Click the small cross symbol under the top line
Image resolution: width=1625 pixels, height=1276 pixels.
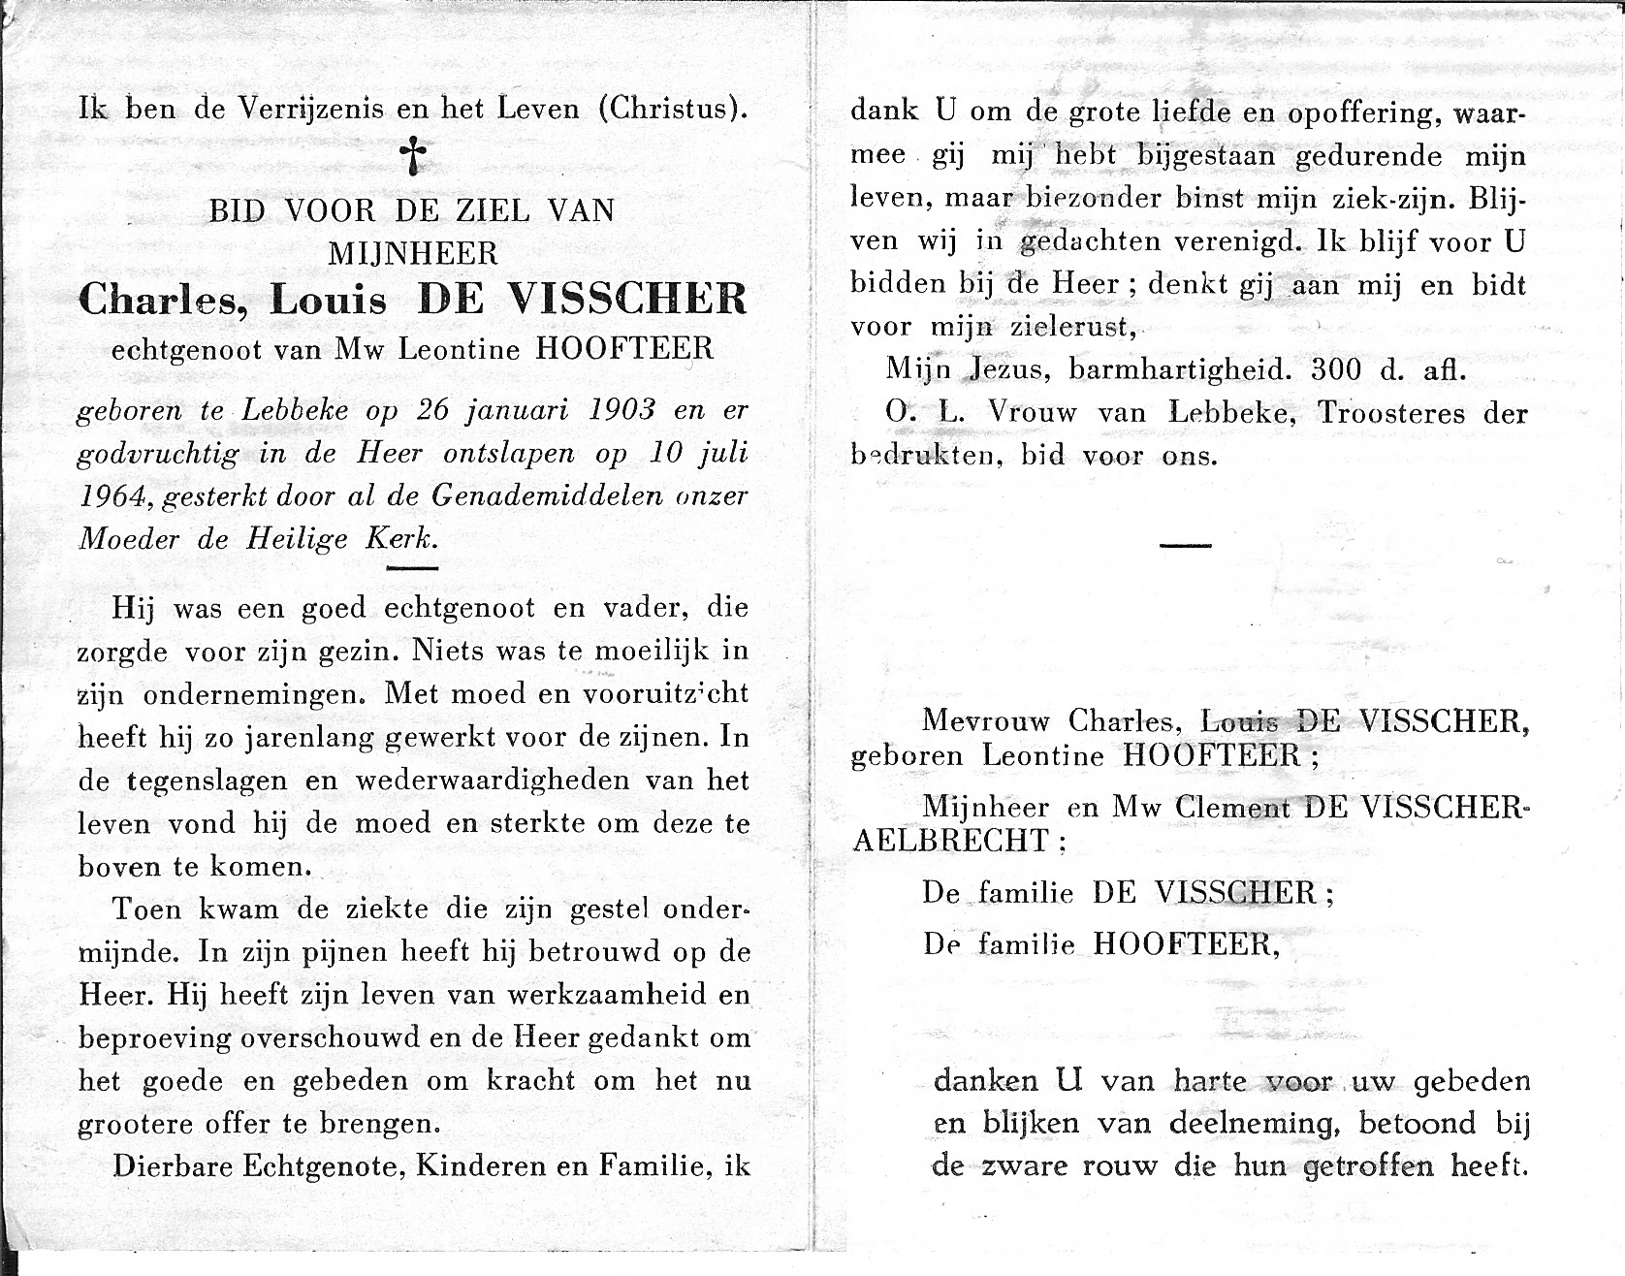(414, 155)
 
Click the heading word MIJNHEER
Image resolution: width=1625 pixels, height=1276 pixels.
(413, 254)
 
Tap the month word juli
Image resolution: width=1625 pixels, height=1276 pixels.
(725, 454)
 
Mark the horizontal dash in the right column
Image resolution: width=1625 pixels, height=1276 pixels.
(1186, 545)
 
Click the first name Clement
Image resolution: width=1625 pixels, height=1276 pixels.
(1232, 807)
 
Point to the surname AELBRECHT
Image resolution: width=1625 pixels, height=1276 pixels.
(950, 841)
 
